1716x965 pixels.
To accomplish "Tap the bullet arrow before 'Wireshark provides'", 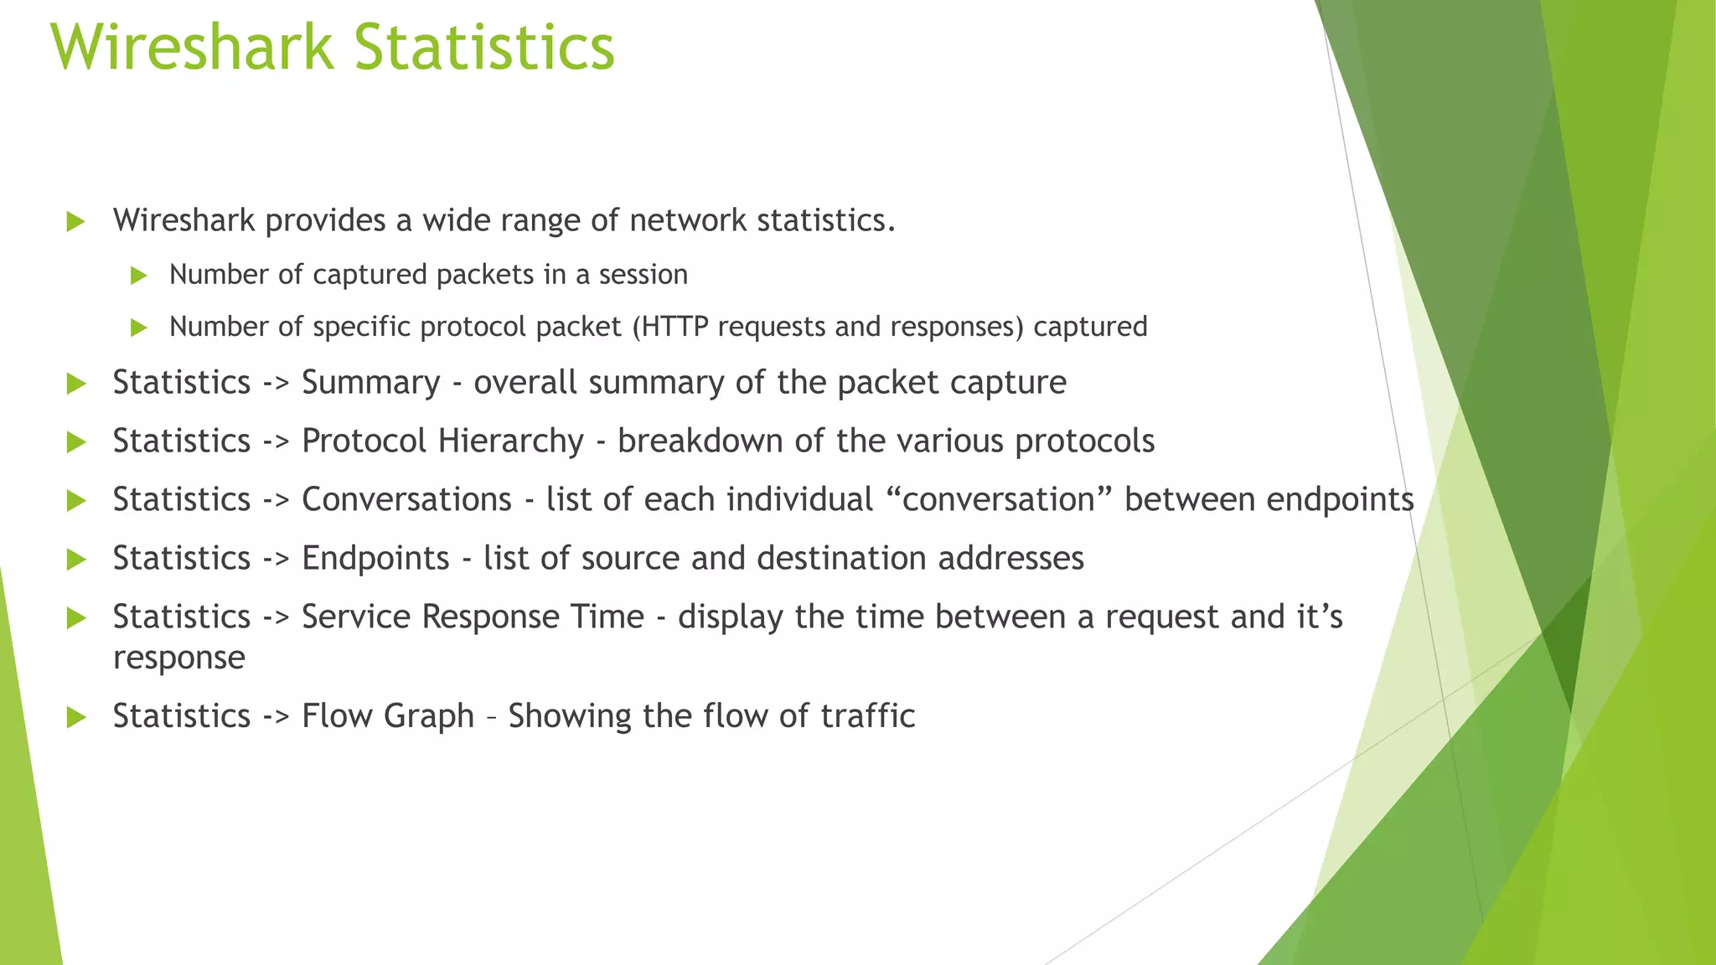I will click(76, 222).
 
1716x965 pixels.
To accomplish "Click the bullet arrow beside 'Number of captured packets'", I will click(139, 276).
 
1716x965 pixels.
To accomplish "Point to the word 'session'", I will click(643, 275).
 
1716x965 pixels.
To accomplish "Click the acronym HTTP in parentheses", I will click(670, 327).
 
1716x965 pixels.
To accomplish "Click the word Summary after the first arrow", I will click(370, 383).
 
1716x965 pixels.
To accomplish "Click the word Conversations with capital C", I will click(406, 500).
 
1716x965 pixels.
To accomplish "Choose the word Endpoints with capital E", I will click(375, 559).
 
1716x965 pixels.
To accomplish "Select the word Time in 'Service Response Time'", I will click(607, 617).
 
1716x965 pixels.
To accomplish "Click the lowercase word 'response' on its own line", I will click(179, 658).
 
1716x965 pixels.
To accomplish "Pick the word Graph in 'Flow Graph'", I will click(432, 717).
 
